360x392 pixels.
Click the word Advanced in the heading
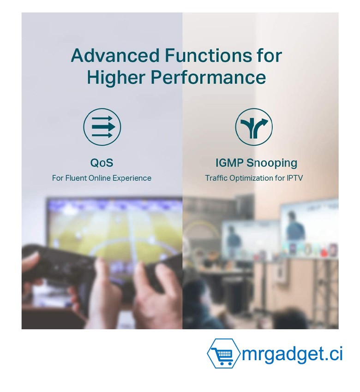(x=115, y=55)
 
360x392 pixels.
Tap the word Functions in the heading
(x=209, y=55)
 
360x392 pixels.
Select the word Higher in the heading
(x=116, y=77)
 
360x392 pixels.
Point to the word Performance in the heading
(x=209, y=77)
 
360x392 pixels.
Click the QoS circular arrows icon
(x=102, y=127)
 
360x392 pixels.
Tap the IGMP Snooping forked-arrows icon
(x=254, y=127)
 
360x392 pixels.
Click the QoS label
(x=102, y=163)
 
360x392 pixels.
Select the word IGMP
(x=229, y=163)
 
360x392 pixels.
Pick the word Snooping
(x=272, y=163)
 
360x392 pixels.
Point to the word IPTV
(x=295, y=178)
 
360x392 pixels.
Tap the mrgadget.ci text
(x=292, y=355)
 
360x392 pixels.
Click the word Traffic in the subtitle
(x=216, y=178)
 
